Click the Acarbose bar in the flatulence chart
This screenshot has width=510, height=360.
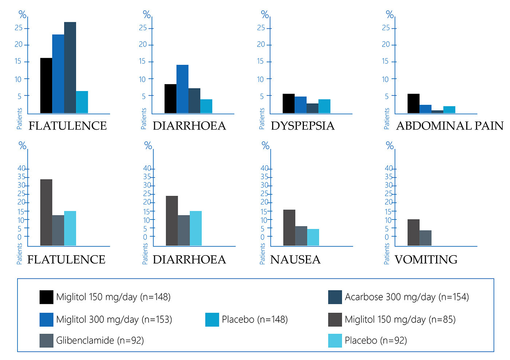coord(70,68)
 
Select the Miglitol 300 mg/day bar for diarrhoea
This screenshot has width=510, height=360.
coord(182,89)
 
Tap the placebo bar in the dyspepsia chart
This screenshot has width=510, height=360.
coord(324,106)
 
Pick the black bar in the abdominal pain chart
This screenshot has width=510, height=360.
coord(413,104)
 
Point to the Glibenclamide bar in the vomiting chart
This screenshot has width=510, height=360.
coord(425,238)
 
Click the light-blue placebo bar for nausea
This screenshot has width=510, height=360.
coord(313,237)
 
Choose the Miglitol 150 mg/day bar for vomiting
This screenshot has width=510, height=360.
coord(413,233)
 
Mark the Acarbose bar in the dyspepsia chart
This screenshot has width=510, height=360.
coord(312,108)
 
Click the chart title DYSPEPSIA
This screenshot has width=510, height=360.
coord(302,126)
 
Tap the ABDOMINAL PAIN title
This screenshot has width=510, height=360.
coord(450,126)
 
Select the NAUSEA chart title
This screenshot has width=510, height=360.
coord(295,260)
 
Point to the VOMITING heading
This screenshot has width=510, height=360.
coord(426,260)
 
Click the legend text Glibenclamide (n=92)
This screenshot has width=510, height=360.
coord(100,341)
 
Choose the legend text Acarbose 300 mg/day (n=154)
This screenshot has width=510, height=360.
coord(407,297)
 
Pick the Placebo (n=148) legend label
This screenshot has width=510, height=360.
coord(255,320)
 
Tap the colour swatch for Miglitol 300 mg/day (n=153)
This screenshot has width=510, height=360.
coord(46,320)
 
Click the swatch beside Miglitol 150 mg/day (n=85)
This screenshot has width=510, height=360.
coord(335,320)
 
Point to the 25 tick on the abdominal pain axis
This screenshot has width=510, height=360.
coord(386,28)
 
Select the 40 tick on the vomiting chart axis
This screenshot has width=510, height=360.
coord(389,169)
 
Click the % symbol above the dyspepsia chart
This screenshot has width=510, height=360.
coord(265,15)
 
